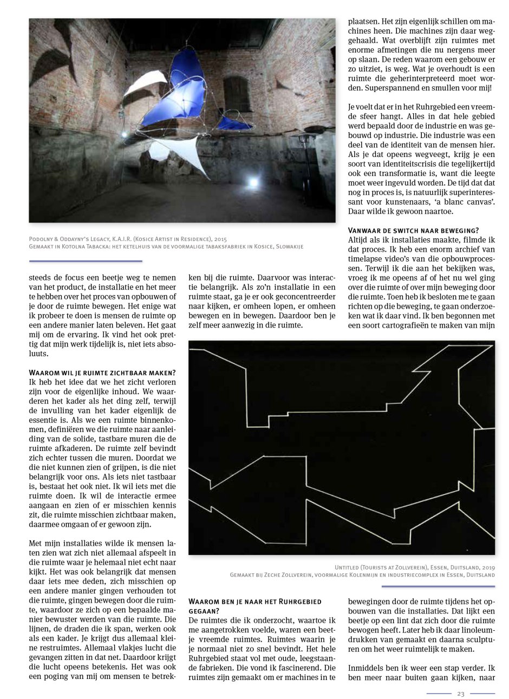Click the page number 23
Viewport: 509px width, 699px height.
[461, 694]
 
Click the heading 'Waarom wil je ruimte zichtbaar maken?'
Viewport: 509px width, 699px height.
[102, 373]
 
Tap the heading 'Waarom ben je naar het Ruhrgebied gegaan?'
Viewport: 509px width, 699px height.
[255, 606]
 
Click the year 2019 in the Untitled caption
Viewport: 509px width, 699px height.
[486, 565]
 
